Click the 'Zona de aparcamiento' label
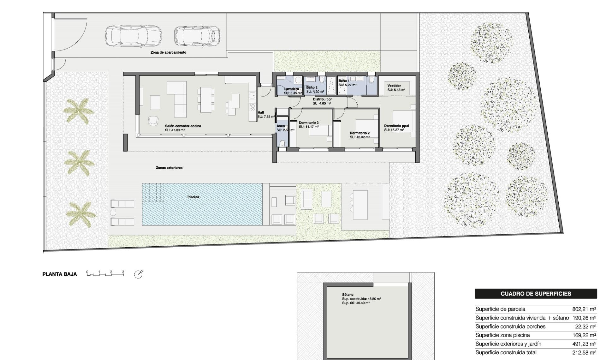tap(168, 52)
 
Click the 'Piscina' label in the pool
tap(193, 197)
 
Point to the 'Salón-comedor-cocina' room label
tap(183, 126)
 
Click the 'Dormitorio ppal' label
tap(396, 126)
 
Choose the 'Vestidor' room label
tap(394, 86)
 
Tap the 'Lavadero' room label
tap(291, 89)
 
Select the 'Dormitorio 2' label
tap(359, 133)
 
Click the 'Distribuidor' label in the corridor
tap(322, 99)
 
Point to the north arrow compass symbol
tap(138, 274)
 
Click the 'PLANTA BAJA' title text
tap(60, 274)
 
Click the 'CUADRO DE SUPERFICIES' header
tap(536, 294)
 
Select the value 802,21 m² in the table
tap(584, 309)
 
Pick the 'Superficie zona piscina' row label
tap(502, 335)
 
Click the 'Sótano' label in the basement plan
tap(348, 295)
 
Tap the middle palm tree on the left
tap(79, 163)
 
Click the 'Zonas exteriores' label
tap(169, 168)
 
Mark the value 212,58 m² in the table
tap(584, 352)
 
